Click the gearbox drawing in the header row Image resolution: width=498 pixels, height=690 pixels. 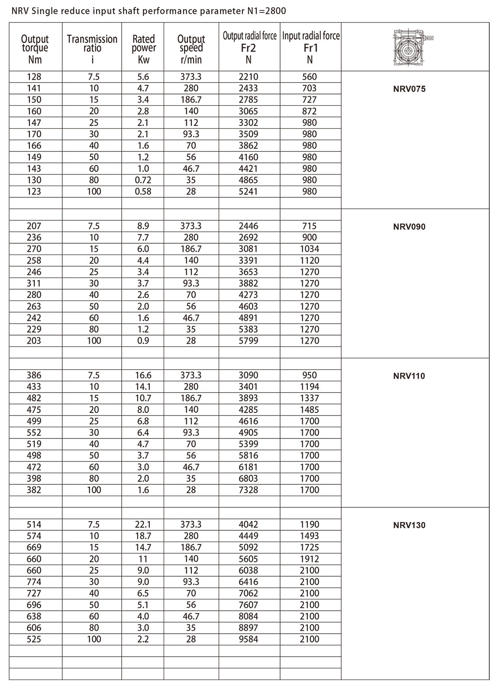(414, 47)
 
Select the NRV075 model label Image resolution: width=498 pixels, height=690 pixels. (409, 89)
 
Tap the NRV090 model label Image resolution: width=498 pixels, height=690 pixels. (409, 226)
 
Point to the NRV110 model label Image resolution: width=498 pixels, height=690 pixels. (409, 376)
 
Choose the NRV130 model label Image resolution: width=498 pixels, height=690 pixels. (409, 525)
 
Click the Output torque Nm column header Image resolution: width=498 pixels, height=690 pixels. (35, 49)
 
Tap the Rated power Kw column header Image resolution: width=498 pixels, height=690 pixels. (143, 49)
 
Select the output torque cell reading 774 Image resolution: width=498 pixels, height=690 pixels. (34, 582)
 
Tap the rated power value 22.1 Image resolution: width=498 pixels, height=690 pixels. (143, 524)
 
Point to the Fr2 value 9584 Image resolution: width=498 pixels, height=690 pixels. (249, 639)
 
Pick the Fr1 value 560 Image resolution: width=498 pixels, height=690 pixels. (310, 77)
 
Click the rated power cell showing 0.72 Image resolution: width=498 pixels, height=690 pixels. (143, 180)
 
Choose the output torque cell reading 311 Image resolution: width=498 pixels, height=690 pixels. (34, 283)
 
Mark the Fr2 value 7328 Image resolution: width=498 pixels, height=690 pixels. (249, 490)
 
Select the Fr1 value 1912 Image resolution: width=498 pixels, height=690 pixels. (310, 559)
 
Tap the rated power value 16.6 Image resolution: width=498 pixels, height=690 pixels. (143, 375)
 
